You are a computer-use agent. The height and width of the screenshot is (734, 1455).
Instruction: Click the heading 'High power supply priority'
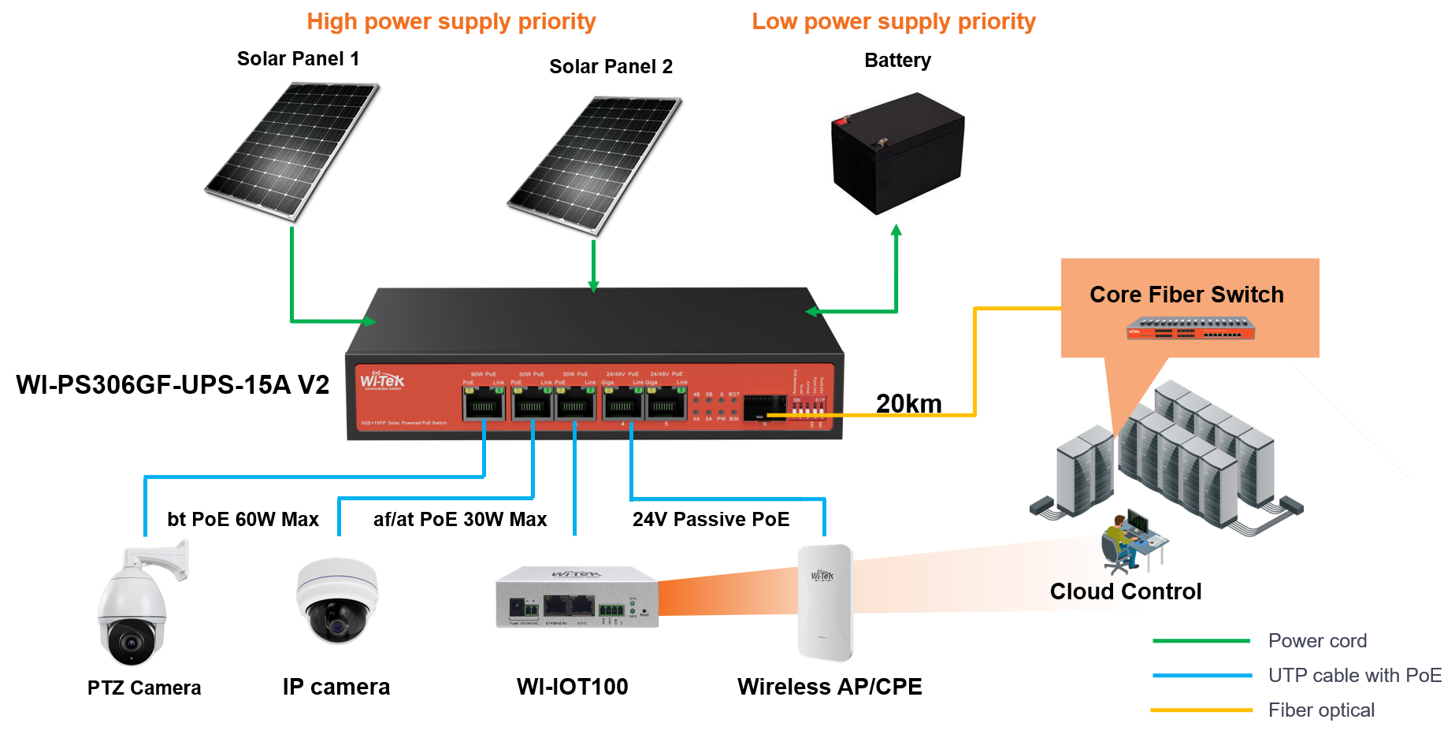451,22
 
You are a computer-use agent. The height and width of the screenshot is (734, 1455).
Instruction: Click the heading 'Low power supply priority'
893,22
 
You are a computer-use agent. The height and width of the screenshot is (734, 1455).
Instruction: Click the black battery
897,154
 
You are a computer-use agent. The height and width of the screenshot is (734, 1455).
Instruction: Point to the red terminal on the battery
842,121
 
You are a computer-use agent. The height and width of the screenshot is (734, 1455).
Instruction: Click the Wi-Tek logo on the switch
382,381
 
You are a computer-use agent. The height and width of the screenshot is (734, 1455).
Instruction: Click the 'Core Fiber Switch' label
1186,295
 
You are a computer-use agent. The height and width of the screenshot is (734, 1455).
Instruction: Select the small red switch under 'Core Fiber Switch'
1190,328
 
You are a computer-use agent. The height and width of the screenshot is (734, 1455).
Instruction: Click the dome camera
337,601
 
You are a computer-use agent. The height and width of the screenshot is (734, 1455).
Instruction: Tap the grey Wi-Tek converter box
577,597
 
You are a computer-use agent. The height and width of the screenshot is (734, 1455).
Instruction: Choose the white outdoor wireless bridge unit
825,602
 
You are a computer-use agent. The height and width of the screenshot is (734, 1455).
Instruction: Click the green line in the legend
1201,641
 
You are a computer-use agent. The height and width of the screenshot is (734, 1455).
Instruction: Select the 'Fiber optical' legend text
1321,710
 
